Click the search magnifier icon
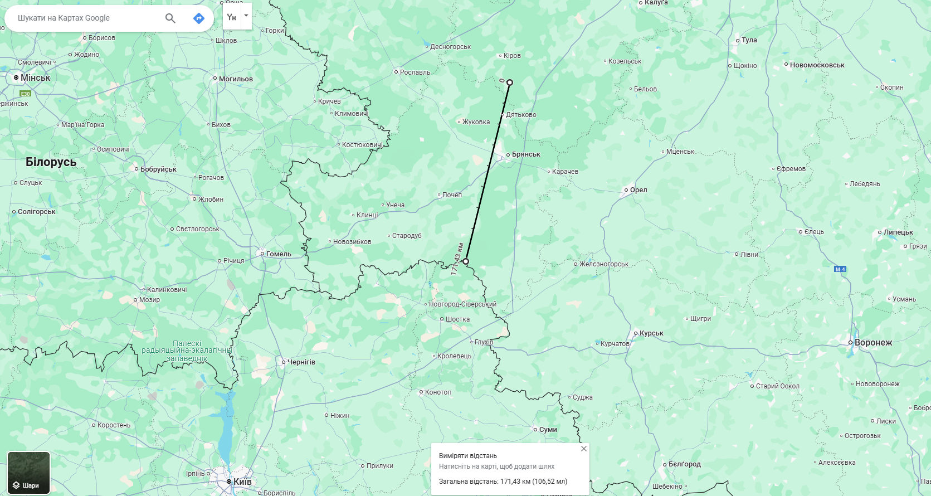tap(170, 18)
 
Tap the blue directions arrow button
tap(199, 18)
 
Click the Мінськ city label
tap(35, 78)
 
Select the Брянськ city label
tap(525, 154)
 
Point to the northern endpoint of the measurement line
tap(509, 82)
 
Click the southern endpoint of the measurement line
tap(466, 261)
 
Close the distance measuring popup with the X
tap(583, 449)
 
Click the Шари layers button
tap(28, 473)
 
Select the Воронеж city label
tap(872, 343)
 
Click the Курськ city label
tap(651, 333)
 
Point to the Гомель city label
tap(278, 254)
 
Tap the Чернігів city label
tap(301, 362)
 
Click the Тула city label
tap(749, 40)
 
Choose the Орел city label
tap(638, 190)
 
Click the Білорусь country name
tap(51, 162)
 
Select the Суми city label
tap(547, 430)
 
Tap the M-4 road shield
tap(840, 269)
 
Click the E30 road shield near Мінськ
tap(26, 94)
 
